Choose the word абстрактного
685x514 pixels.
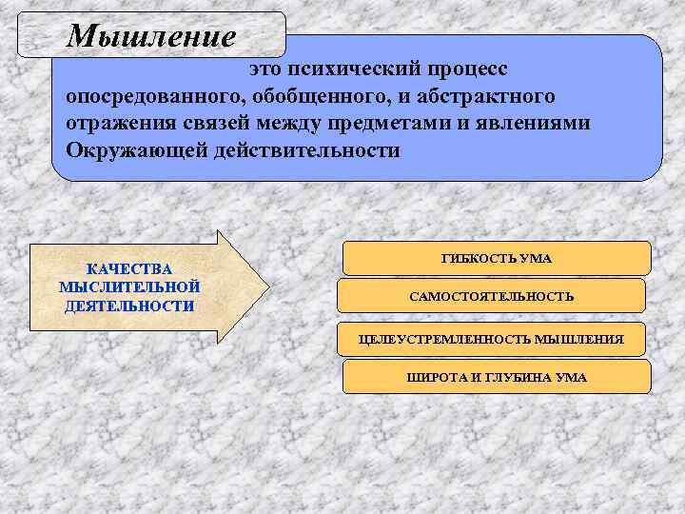tap(467, 98)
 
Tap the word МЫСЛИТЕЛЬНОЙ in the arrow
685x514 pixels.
tap(129, 287)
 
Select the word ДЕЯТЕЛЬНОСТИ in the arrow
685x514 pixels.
tap(129, 305)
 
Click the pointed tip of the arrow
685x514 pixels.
tap(267, 287)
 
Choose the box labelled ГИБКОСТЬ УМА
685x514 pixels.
tap(497, 259)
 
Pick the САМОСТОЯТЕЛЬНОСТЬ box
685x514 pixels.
tap(492, 297)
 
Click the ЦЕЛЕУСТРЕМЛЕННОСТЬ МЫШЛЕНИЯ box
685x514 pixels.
tap(492, 339)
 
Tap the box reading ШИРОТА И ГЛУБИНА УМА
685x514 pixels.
tap(497, 377)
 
